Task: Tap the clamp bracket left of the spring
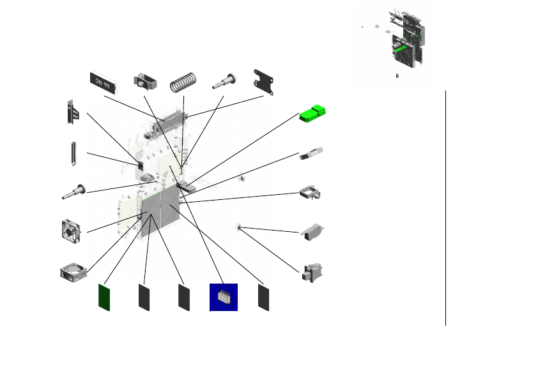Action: pyautogui.click(x=145, y=82)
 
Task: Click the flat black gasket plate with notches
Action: pyautogui.click(x=265, y=82)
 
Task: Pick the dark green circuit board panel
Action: pyautogui.click(x=104, y=297)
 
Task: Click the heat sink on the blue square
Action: pyautogui.click(x=224, y=297)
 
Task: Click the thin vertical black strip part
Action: pyautogui.click(x=73, y=154)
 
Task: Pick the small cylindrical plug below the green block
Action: pyautogui.click(x=311, y=154)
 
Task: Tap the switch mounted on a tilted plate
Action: pyautogui.click(x=312, y=232)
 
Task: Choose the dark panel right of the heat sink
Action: pyautogui.click(x=263, y=298)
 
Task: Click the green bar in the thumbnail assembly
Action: pyautogui.click(x=400, y=49)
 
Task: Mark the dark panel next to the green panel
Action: pyautogui.click(x=144, y=298)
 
